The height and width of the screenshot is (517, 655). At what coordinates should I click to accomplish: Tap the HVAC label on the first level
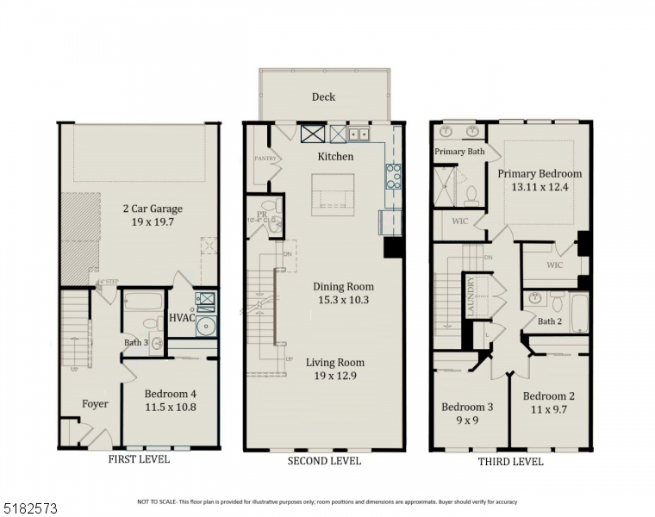click(x=182, y=318)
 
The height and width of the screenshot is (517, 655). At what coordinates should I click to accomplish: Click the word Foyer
click(x=95, y=404)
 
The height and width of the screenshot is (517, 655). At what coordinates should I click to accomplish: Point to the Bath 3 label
click(x=136, y=343)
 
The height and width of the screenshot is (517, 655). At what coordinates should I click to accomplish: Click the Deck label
click(x=323, y=97)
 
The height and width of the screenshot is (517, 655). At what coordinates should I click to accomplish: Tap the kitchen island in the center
click(x=333, y=194)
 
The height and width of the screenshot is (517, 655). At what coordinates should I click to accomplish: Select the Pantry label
click(x=264, y=159)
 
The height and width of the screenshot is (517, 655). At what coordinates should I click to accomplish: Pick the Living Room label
click(x=335, y=363)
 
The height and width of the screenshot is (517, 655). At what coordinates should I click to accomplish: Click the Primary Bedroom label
click(x=540, y=173)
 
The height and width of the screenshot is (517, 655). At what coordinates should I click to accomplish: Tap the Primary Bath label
click(x=459, y=152)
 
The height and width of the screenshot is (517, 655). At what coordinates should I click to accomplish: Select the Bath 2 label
click(x=549, y=321)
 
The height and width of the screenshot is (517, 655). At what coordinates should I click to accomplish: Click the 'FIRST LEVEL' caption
click(x=139, y=460)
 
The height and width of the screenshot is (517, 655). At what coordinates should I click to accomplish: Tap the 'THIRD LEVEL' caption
click(x=510, y=462)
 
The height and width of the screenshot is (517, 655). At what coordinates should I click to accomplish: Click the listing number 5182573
click(x=31, y=510)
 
